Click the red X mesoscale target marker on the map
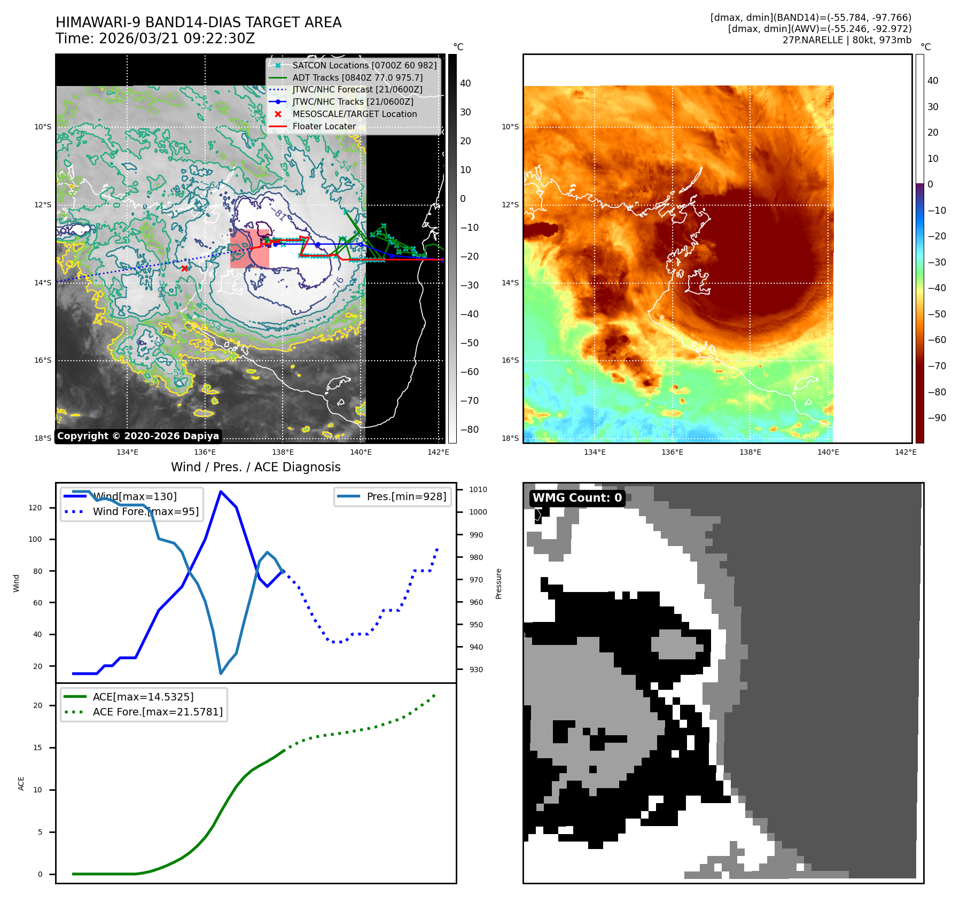[x=184, y=268]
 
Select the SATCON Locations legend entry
[x=364, y=65]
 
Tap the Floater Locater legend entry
[x=324, y=126]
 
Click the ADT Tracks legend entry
[x=357, y=77]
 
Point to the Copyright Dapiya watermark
[x=138, y=436]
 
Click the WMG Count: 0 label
[x=577, y=498]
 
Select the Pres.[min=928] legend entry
[x=406, y=496]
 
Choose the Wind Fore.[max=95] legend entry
[x=145, y=511]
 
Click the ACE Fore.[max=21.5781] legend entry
[x=158, y=712]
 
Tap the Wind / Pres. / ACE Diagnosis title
[x=255, y=467]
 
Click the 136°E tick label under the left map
[x=205, y=453]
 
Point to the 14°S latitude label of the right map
[x=510, y=283]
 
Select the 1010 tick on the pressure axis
[x=478, y=489]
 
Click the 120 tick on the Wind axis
[x=35, y=508]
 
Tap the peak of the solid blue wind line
[x=221, y=492]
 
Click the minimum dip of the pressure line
[x=221, y=673]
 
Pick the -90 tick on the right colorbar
[x=936, y=418]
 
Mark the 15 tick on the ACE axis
[x=37, y=748]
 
